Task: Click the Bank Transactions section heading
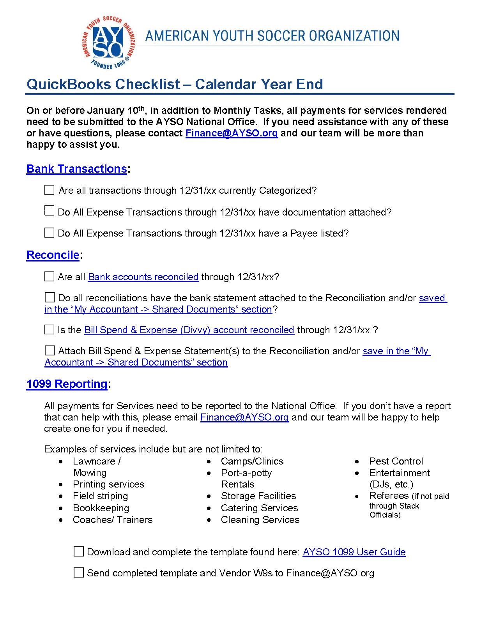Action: pos(76,169)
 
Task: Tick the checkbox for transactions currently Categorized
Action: pos(49,190)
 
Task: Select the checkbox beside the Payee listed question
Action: pos(49,233)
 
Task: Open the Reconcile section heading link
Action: pos(53,255)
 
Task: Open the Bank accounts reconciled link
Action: pos(143,277)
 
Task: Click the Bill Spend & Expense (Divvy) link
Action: pos(189,330)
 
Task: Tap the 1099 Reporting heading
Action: pos(67,384)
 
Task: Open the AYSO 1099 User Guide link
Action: pos(354,552)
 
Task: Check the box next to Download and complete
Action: pos(79,551)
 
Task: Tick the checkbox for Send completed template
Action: pos(79,572)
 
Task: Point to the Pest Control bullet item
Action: pos(396,461)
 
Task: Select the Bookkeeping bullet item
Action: pos(101,508)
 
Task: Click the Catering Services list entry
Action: pos(259,508)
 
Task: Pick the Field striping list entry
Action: pos(100,496)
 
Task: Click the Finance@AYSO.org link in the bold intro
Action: pos(232,133)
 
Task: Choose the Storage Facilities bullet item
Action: pos(258,496)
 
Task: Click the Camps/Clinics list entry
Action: pos(252,461)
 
